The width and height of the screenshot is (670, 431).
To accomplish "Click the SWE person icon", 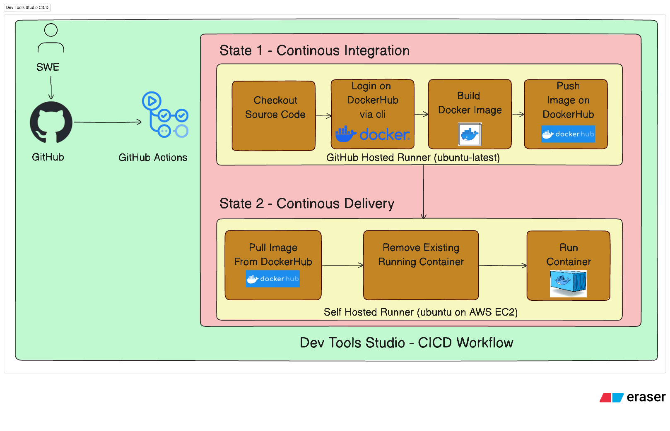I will coord(51,38).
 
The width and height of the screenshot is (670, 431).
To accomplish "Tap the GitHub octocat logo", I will coord(51,122).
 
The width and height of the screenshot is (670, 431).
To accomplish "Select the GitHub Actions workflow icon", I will coord(165,115).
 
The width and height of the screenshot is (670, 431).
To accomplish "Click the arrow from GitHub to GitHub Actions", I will coord(108,122).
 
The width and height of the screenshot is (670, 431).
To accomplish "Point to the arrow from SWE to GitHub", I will coord(51,87).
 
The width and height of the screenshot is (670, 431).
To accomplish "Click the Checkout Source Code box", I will coord(274,116).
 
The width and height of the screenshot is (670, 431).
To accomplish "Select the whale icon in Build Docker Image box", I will coord(470,134).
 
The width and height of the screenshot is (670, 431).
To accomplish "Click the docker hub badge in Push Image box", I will coord(568,134).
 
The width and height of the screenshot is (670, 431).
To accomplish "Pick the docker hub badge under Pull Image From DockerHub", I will coord(272,279).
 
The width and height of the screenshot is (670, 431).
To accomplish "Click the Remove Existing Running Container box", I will coord(421,265).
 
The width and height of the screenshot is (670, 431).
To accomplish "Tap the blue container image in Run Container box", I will coord(568,283).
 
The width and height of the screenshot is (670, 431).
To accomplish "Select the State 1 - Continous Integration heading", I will coord(314,50).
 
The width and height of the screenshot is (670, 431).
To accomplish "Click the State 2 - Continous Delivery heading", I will coord(307,204).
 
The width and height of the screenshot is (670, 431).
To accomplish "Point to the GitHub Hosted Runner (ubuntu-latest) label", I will coord(413,158).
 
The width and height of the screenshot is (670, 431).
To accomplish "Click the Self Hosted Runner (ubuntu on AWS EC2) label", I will coord(421,312).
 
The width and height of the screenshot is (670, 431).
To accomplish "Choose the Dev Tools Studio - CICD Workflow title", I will coord(406,343).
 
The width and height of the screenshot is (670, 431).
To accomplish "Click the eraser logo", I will coord(632,397).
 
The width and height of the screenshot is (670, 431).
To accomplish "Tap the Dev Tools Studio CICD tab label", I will coord(27,7).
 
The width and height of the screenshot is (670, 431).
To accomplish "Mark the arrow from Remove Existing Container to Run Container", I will coord(502,266).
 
